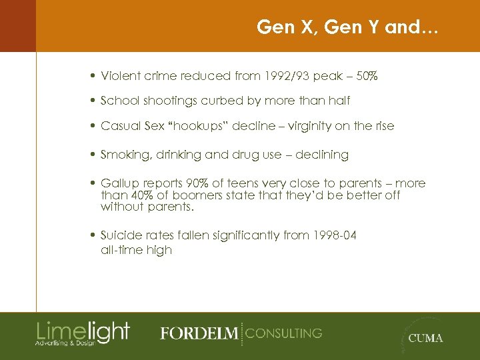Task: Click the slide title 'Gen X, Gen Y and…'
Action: (x=348, y=27)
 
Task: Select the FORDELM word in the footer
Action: (x=199, y=333)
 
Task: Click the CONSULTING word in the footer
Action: (x=284, y=333)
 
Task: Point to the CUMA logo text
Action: (x=425, y=338)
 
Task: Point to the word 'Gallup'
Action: (x=117, y=183)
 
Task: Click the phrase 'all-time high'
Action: (x=136, y=250)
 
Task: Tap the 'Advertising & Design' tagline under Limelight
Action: (x=65, y=343)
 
